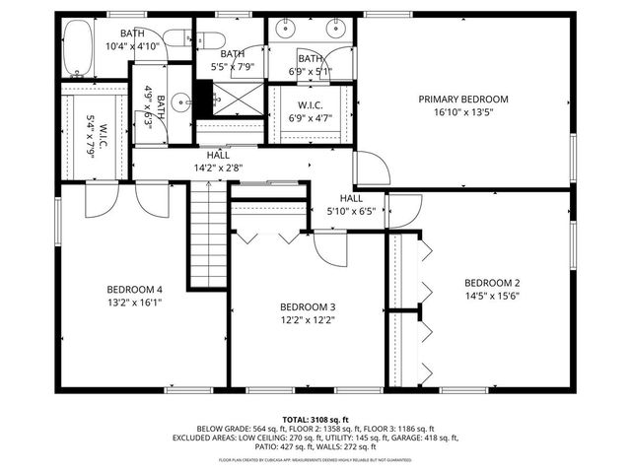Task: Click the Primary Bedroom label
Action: (x=463, y=99)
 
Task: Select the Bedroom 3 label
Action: (x=307, y=305)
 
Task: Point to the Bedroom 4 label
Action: (x=134, y=289)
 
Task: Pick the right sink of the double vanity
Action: (x=333, y=29)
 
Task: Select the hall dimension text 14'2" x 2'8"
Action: (x=219, y=168)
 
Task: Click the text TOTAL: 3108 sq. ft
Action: (x=315, y=419)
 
